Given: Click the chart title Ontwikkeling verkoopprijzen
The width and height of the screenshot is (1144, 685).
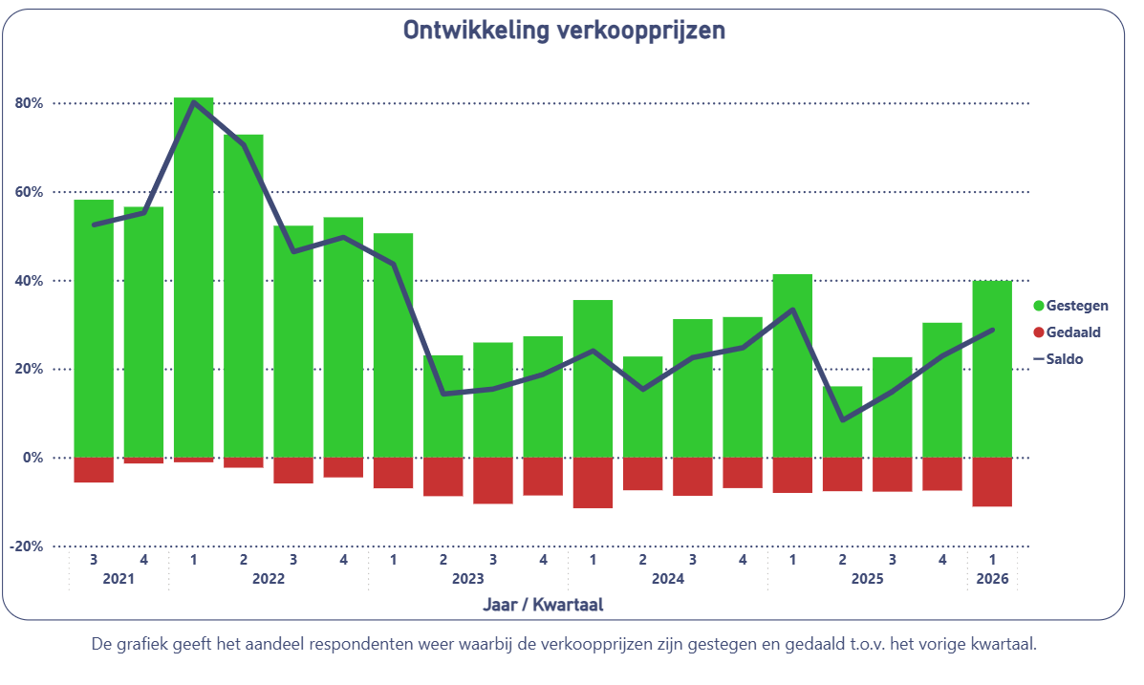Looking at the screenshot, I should (564, 31).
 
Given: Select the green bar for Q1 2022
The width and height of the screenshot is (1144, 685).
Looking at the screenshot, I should (193, 277).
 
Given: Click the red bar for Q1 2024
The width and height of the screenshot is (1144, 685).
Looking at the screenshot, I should (593, 482).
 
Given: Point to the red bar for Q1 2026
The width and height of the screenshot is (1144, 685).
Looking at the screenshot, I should (992, 482).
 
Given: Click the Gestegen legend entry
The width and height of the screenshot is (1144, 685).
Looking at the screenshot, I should (1070, 306).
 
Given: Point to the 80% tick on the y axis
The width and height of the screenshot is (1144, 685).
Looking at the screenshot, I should (30, 103).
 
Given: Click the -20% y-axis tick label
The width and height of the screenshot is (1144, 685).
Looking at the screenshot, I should (27, 546).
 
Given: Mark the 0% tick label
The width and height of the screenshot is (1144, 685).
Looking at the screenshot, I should (33, 459).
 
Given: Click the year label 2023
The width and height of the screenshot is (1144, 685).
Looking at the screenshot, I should (467, 579).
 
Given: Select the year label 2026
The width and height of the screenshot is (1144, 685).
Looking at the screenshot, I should (992, 579).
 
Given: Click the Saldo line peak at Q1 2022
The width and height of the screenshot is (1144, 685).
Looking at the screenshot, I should (193, 102).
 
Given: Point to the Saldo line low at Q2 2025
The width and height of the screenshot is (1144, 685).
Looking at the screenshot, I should (842, 419).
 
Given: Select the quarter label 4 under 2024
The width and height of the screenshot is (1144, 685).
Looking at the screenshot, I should (743, 559).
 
